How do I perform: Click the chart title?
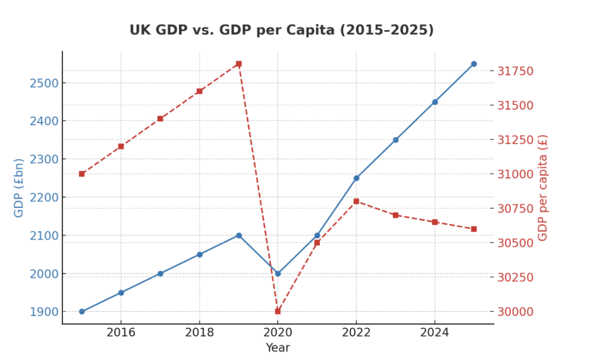[x=281, y=30]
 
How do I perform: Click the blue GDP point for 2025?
[x=473, y=64]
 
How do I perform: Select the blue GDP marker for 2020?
[x=278, y=273]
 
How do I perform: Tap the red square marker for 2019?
[x=238, y=64]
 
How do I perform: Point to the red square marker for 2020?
[x=278, y=311]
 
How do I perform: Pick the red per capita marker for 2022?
[x=356, y=202]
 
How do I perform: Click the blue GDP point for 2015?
[x=82, y=312]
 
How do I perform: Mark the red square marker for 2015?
[x=82, y=174]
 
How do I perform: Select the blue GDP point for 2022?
[x=356, y=178]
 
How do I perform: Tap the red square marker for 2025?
[x=473, y=229]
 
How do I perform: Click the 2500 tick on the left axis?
[x=44, y=83]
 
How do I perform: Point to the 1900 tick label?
[x=44, y=312]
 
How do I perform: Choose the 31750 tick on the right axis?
[x=515, y=71]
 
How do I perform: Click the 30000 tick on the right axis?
[x=515, y=312]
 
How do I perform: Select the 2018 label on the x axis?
[x=199, y=333]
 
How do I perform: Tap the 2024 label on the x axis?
[x=435, y=333]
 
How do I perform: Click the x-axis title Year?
[x=277, y=348]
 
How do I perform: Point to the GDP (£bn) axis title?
[x=19, y=187]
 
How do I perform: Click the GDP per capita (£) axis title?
[x=543, y=187]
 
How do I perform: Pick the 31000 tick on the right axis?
[x=515, y=174]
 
